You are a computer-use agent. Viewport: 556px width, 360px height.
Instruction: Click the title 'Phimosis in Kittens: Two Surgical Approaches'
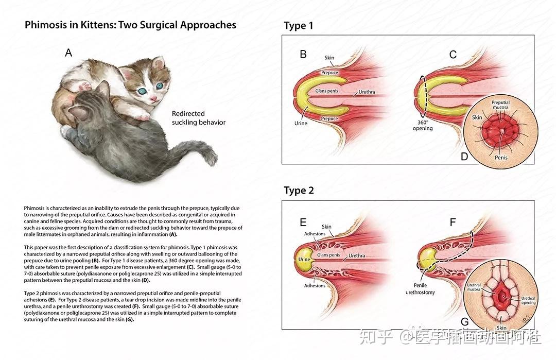point(130,25)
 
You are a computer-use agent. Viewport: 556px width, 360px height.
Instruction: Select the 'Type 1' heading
point(299,26)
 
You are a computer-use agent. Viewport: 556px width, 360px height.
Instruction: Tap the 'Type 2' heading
point(299,191)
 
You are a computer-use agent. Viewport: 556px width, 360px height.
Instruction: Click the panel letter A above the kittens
point(68,52)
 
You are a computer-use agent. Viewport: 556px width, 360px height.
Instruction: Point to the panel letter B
point(303,54)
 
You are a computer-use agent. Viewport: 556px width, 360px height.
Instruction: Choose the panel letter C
point(453,54)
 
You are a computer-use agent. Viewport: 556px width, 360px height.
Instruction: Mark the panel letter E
point(303,222)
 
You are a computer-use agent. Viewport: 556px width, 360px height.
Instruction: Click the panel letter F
point(453,222)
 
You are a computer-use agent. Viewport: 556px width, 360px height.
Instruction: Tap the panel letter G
point(464,322)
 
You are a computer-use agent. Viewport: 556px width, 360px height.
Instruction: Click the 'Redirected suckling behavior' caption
point(198,118)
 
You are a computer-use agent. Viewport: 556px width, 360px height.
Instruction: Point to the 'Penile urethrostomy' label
point(421,288)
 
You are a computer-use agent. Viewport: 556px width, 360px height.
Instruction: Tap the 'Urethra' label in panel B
point(367,92)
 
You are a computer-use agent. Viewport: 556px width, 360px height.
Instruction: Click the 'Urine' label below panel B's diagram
point(301,123)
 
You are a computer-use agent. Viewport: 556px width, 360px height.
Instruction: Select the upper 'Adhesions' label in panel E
point(315,234)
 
